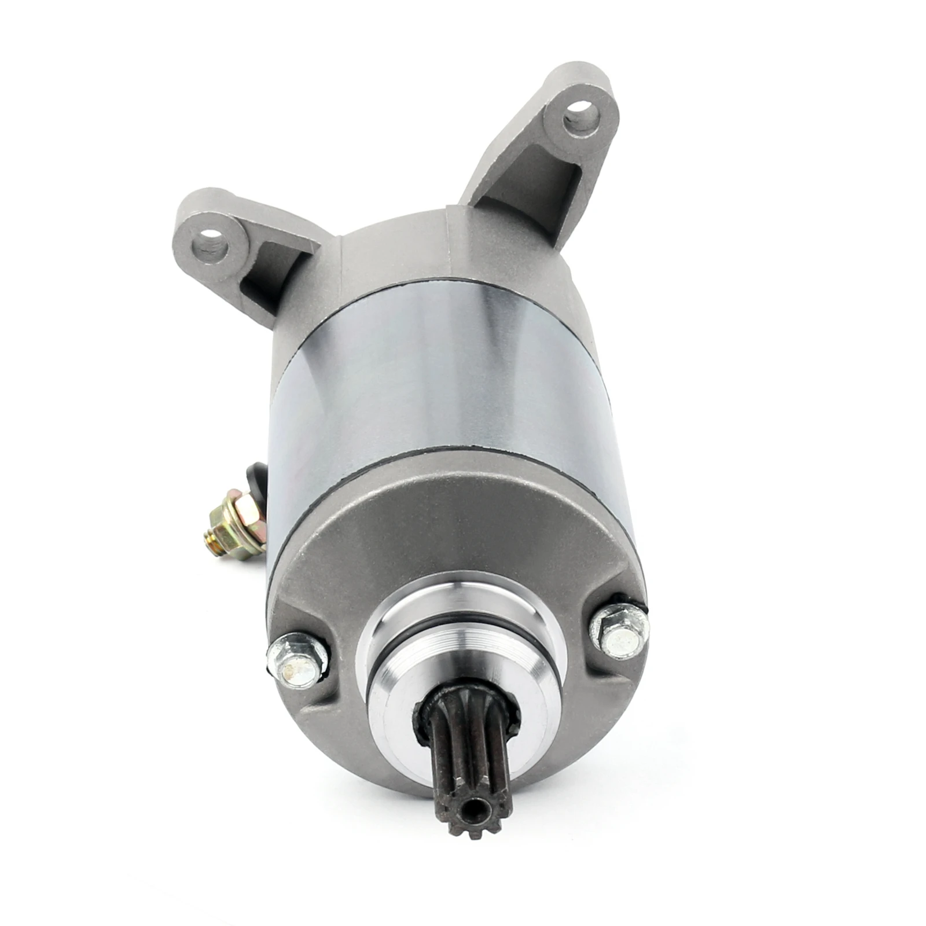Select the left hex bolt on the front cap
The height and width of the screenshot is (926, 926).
[x=297, y=663]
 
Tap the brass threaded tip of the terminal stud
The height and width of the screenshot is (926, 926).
[x=212, y=542]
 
